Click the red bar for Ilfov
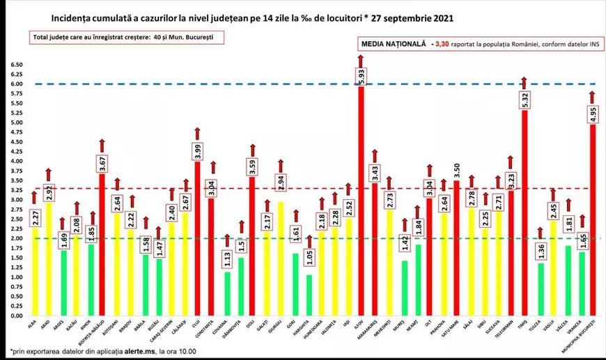pyautogui.click(x=361, y=209)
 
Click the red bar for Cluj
pyautogui.click(x=197, y=237)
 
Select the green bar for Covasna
pyautogui.click(x=226, y=293)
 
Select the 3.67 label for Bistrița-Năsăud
pyautogui.click(x=102, y=164)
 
